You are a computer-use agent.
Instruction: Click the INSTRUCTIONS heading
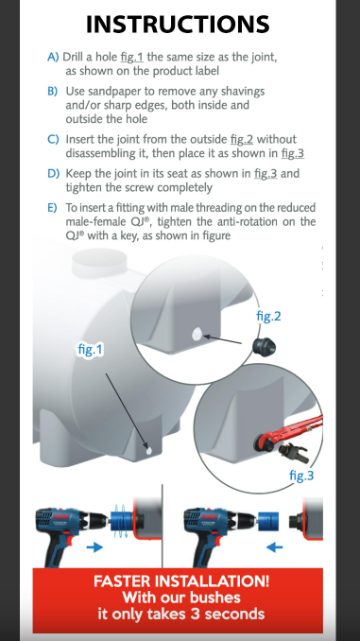click(178, 24)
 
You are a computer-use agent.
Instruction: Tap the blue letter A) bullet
click(53, 57)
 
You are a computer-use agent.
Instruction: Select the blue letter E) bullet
click(52, 208)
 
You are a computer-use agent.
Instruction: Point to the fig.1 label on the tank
click(91, 350)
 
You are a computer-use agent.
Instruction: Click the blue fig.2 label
click(268, 316)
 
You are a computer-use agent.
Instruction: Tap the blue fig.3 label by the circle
click(301, 476)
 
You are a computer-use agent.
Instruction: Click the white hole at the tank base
click(149, 451)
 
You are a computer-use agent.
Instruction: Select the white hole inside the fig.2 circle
click(197, 335)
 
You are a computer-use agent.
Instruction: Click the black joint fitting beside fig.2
click(264, 348)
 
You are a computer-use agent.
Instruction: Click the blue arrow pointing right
click(94, 546)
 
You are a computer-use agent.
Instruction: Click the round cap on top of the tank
click(99, 263)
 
